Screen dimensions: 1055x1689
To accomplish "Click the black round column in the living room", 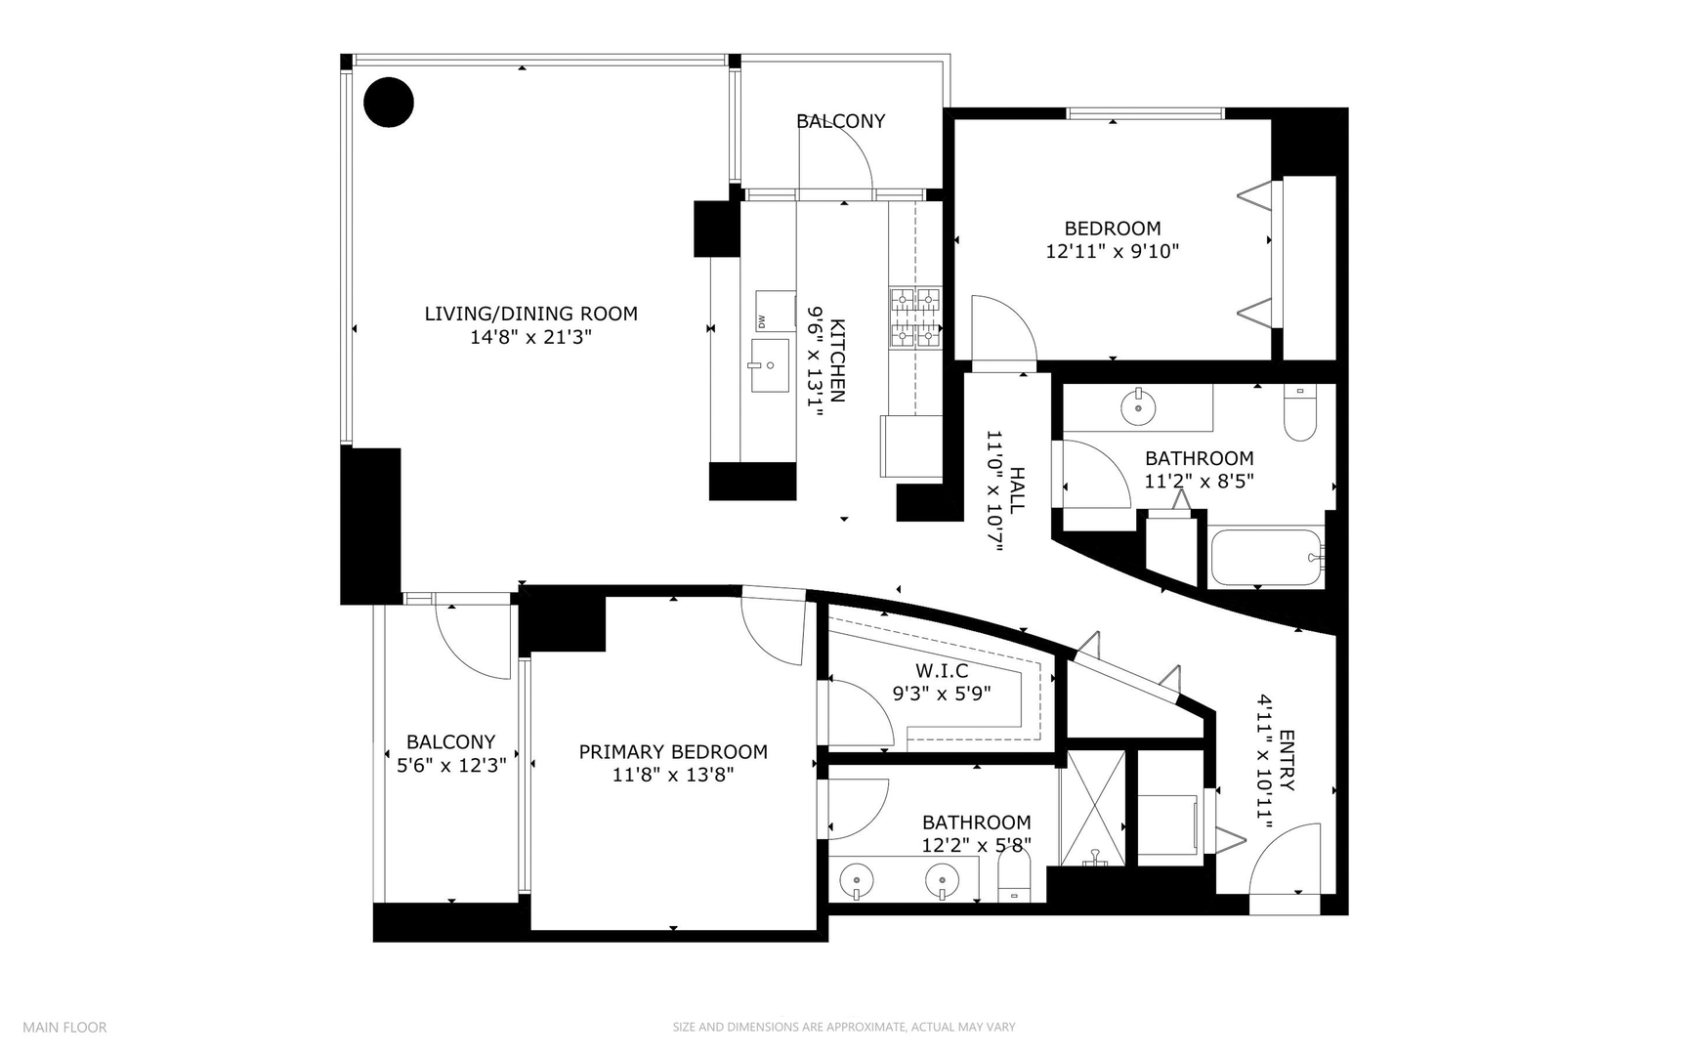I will pyautogui.click(x=389, y=102).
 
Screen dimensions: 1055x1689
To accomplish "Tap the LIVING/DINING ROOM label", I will pyautogui.click(x=530, y=314).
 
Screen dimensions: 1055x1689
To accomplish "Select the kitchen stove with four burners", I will pyautogui.click(x=914, y=318).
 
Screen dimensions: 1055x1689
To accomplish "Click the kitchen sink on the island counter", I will pyautogui.click(x=770, y=365).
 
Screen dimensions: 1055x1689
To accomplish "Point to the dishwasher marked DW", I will pyautogui.click(x=775, y=311).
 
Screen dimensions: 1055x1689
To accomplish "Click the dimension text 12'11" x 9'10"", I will pyautogui.click(x=1112, y=251).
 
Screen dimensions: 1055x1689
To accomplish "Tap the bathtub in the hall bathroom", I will pyautogui.click(x=1266, y=558).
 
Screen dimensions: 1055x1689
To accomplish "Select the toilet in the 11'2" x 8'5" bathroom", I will pyautogui.click(x=1300, y=415).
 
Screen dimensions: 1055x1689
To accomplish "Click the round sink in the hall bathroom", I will pyautogui.click(x=1138, y=405).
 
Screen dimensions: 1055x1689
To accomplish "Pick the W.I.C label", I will pyautogui.click(x=942, y=670).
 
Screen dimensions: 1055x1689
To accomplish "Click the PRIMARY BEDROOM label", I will pyautogui.click(x=673, y=751).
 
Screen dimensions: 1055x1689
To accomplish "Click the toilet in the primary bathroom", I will pyautogui.click(x=1015, y=879).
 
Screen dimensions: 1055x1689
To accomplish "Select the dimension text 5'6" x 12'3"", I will pyautogui.click(x=451, y=765).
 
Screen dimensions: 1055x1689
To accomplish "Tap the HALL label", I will pyautogui.click(x=1017, y=490).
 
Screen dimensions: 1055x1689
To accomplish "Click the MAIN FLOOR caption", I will pyautogui.click(x=64, y=1027).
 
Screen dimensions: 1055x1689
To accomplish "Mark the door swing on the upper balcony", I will pyautogui.click(x=841, y=156).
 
